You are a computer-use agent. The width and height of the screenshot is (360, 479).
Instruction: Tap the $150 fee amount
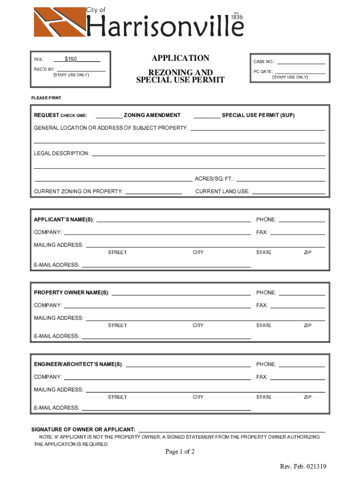71,59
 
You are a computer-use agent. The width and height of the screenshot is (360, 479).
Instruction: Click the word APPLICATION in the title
180,58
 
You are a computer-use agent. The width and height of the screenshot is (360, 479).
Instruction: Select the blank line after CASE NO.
302,62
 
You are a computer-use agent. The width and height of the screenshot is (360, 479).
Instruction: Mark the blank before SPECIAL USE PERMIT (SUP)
206,116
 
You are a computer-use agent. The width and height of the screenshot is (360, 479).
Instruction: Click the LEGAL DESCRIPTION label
61,153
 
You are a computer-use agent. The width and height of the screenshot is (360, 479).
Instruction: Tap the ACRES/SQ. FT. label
215,179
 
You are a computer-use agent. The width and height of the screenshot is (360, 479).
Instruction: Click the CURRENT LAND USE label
222,191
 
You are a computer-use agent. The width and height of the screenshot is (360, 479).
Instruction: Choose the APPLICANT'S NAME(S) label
64,219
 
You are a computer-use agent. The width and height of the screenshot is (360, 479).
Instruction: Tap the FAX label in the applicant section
262,232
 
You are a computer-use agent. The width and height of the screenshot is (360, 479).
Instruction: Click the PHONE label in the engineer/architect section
266,364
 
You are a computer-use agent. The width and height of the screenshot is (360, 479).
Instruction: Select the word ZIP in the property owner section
307,326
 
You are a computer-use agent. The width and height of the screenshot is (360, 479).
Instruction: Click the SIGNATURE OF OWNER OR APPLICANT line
231,429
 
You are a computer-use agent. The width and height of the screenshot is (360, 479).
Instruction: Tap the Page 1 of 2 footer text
180,452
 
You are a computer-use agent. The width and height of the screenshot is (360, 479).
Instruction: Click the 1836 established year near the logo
238,17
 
